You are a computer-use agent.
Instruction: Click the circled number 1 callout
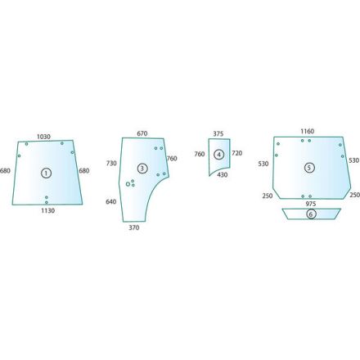click(x=46, y=173)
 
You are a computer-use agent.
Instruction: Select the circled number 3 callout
click(x=142, y=169)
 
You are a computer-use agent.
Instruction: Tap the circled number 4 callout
click(x=218, y=155)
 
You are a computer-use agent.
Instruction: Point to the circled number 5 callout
click(x=309, y=168)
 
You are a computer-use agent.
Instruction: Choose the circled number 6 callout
click(x=311, y=214)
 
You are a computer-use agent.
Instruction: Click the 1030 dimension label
click(x=43, y=137)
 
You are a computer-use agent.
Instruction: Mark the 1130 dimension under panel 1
click(x=47, y=210)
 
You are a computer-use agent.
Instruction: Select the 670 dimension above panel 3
click(x=142, y=133)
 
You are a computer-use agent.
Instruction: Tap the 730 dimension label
click(x=111, y=163)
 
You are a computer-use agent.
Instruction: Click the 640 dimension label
click(x=111, y=201)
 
